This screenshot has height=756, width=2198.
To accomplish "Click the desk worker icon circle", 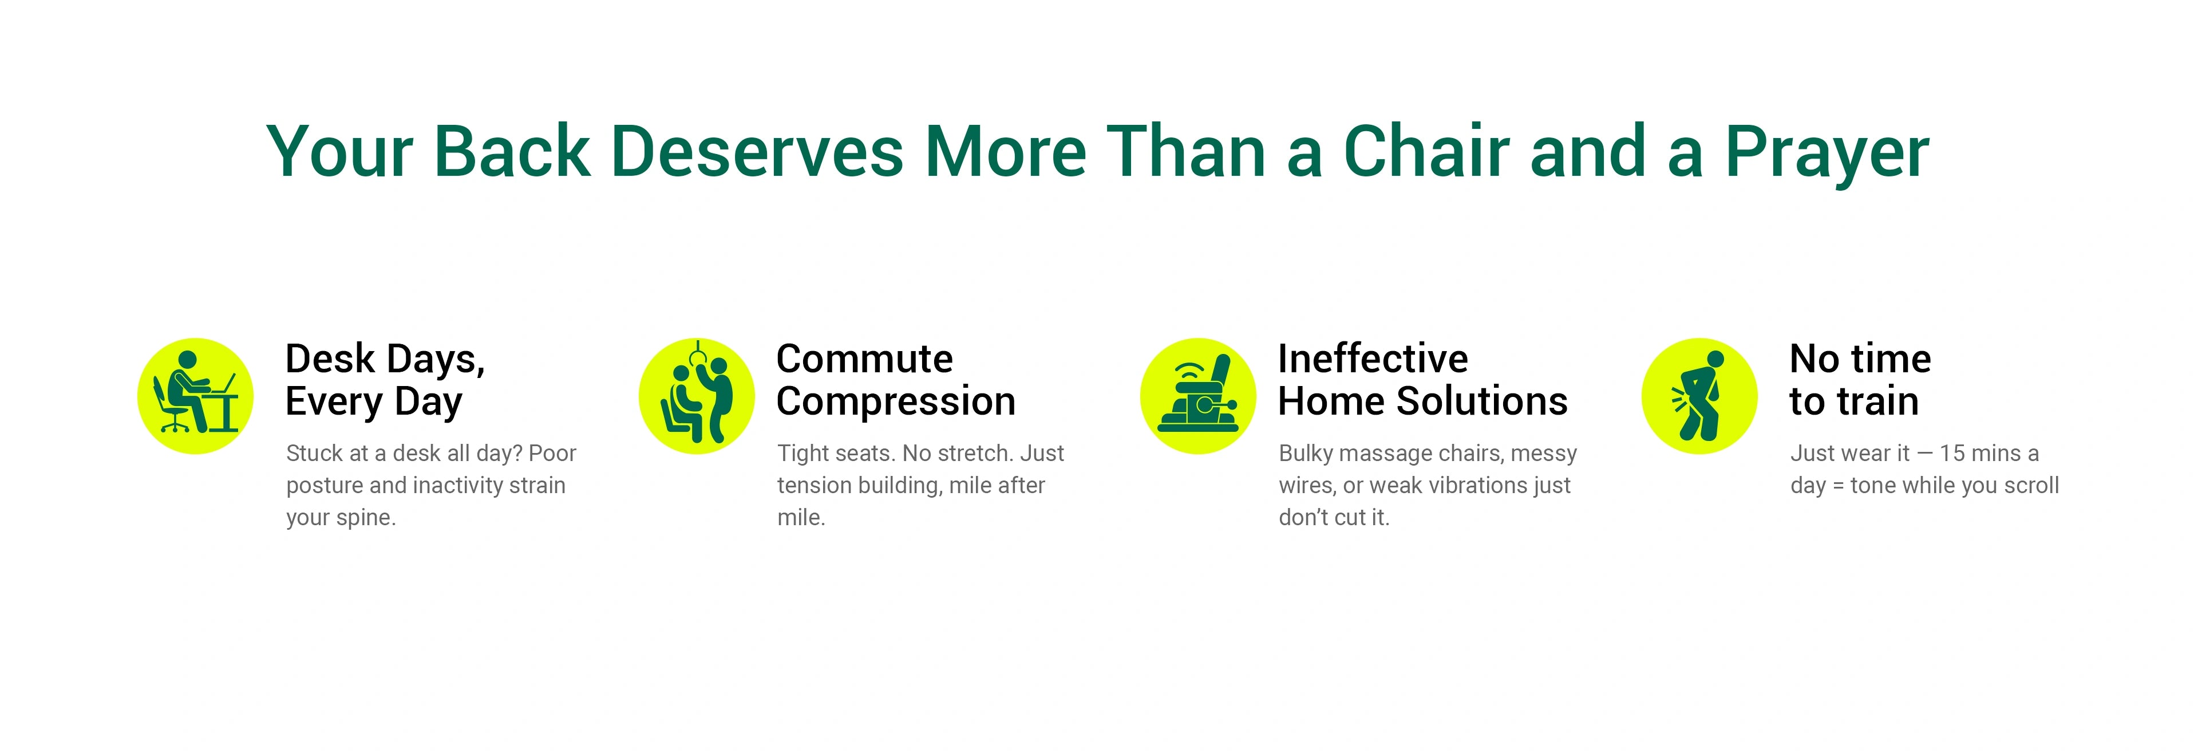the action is pyautogui.click(x=195, y=396).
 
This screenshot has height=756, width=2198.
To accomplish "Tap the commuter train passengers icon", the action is pyautogui.click(x=697, y=396).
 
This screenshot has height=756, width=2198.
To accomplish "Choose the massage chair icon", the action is pyautogui.click(x=1198, y=396).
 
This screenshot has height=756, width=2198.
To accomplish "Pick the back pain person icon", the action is pyautogui.click(x=1699, y=396).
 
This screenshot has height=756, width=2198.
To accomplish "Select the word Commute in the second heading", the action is pyautogui.click(x=864, y=359).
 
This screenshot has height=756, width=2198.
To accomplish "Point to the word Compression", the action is pyautogui.click(x=896, y=401).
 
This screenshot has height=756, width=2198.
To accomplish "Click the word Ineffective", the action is pyautogui.click(x=1373, y=359).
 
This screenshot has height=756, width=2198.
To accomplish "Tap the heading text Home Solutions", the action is pyautogui.click(x=1423, y=401).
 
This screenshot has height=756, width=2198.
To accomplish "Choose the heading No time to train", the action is pyautogui.click(x=1860, y=380).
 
